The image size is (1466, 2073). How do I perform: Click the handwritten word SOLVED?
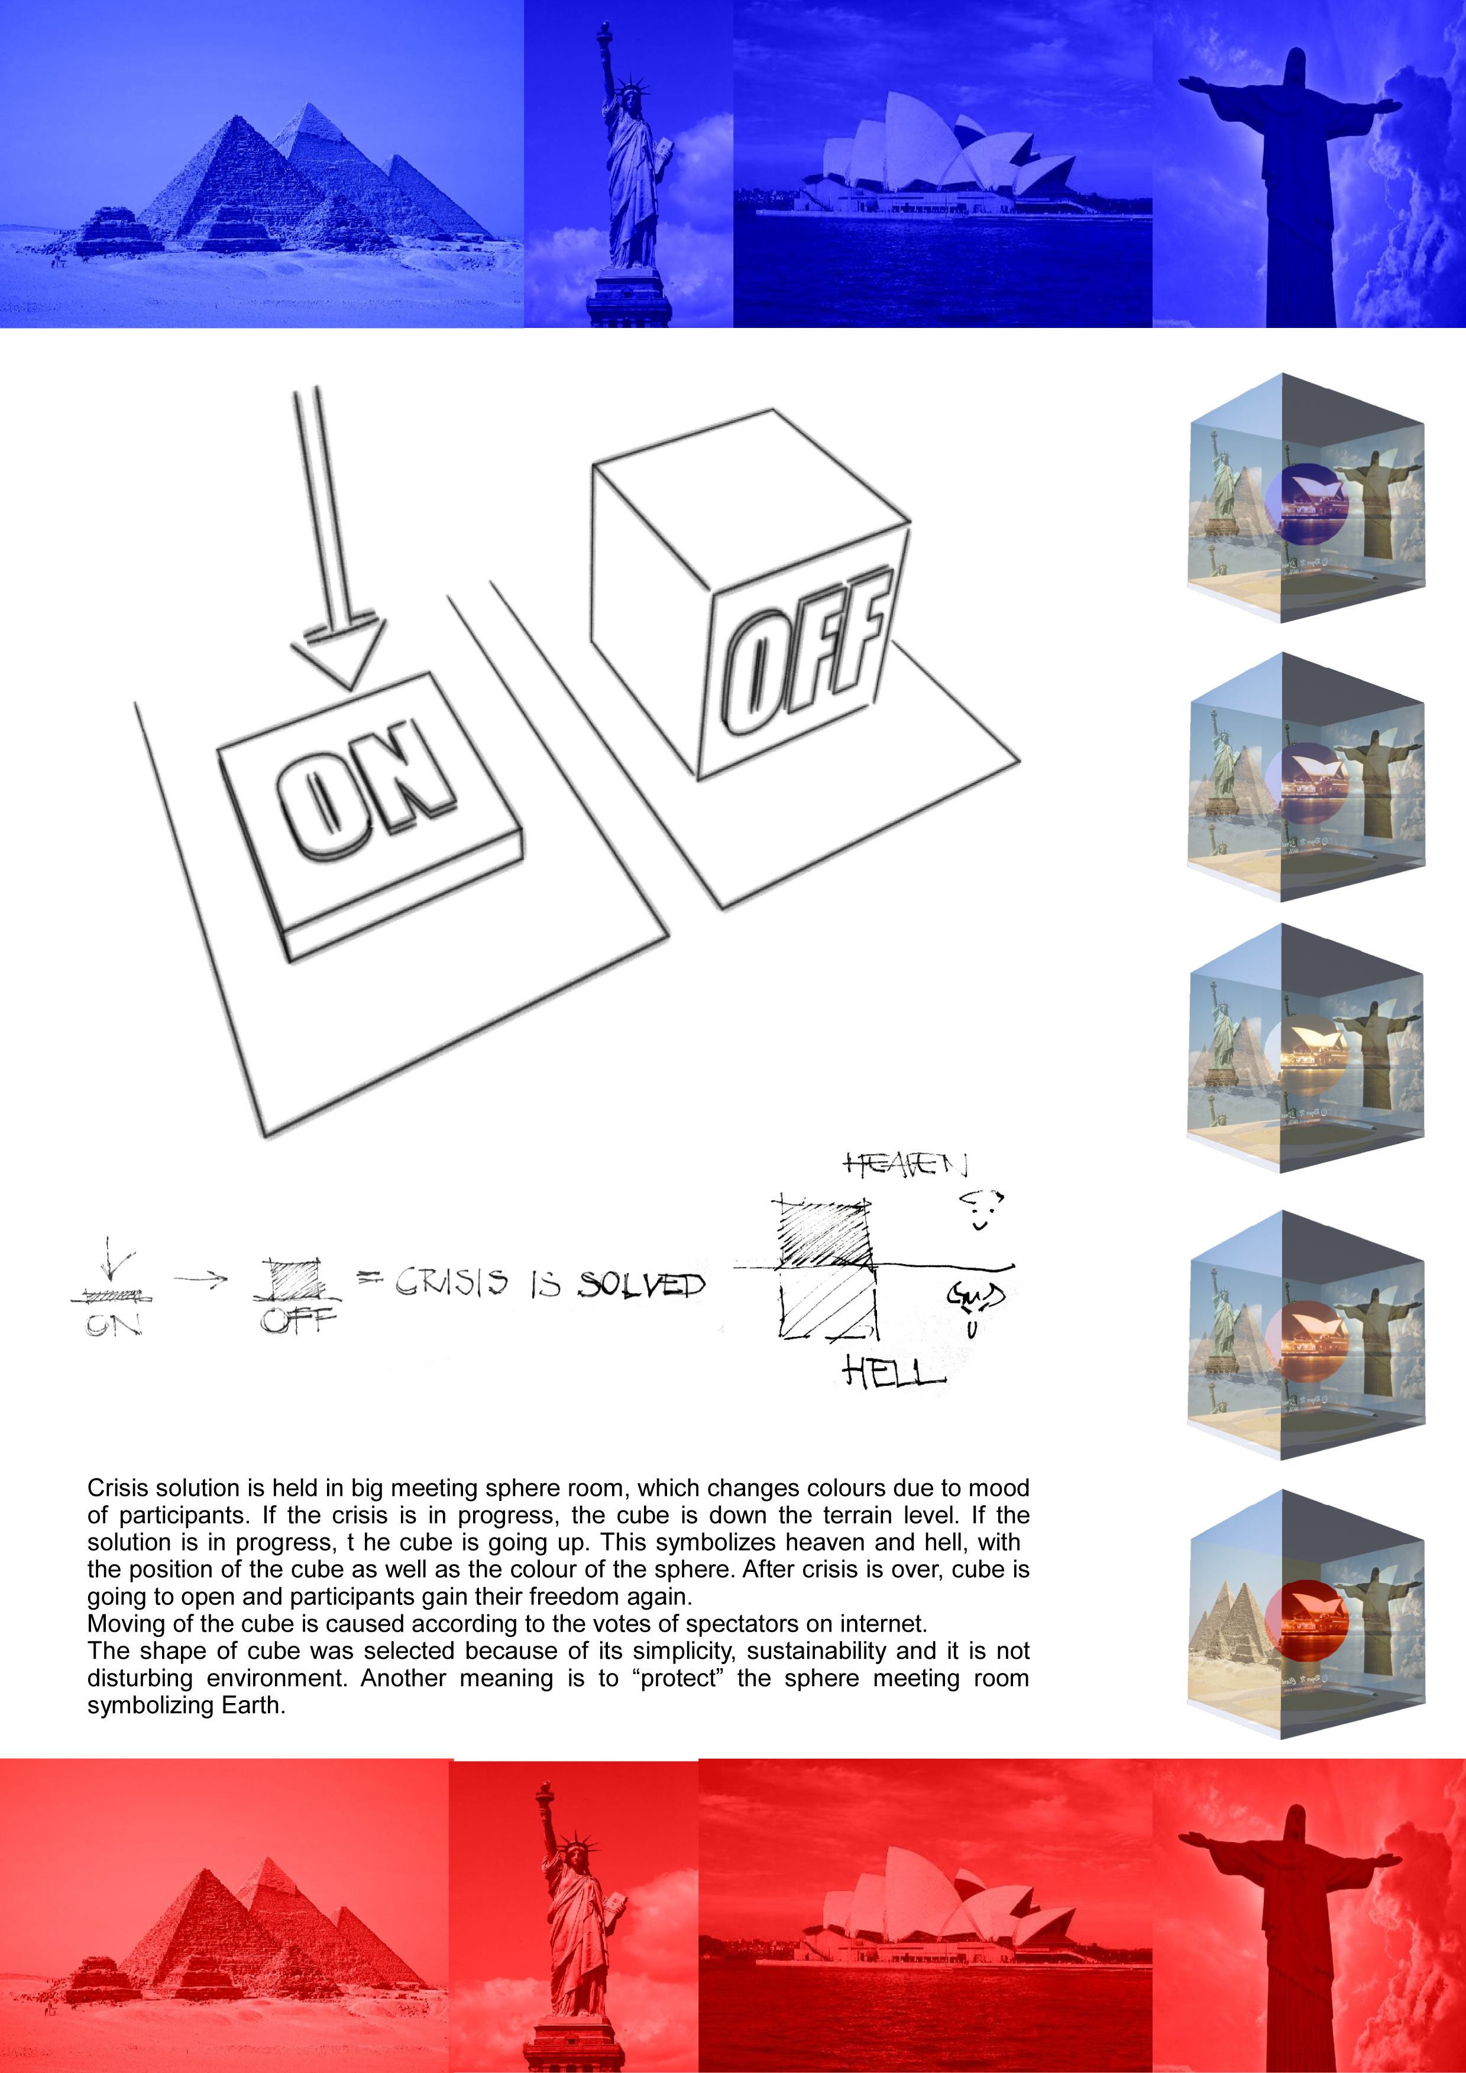pyautogui.click(x=641, y=1284)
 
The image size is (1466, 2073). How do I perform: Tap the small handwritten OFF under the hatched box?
pyautogui.click(x=298, y=1321)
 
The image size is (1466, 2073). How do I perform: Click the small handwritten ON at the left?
pyautogui.click(x=114, y=1324)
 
